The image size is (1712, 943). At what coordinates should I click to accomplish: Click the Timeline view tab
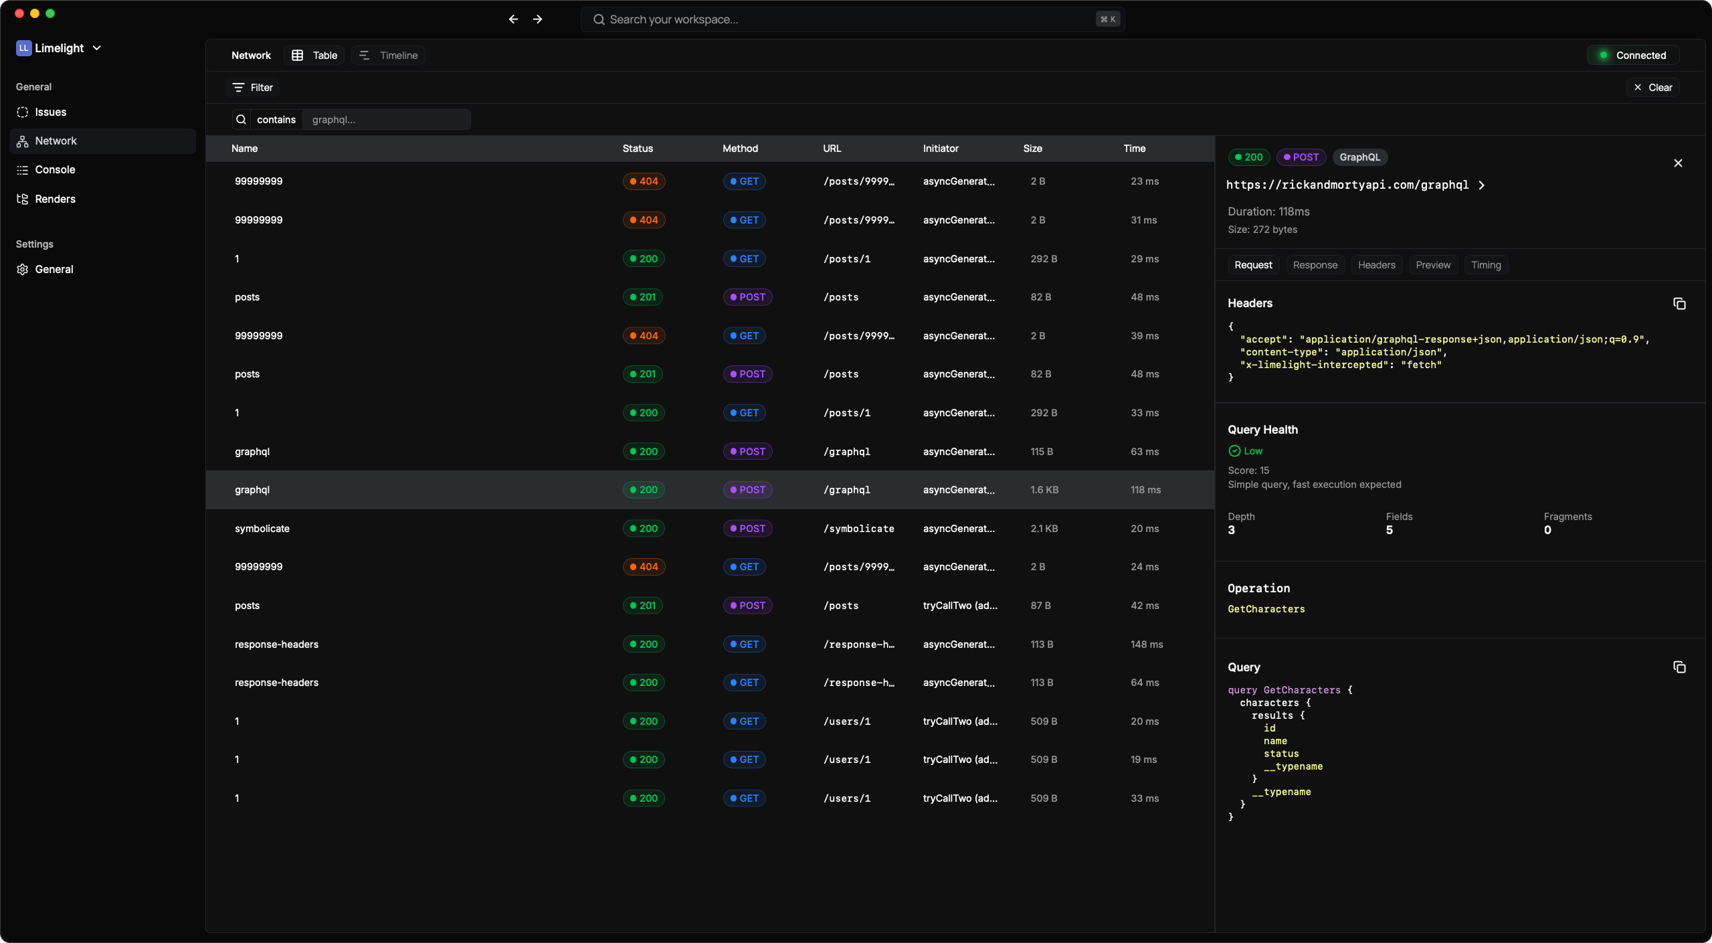point(389,56)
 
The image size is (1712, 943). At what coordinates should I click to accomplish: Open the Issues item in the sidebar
point(50,112)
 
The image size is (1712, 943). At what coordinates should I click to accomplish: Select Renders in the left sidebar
point(55,199)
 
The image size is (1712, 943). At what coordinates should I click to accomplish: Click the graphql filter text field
point(386,120)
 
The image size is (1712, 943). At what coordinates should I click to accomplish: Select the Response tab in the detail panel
point(1315,265)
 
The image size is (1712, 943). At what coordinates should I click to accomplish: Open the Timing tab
point(1485,265)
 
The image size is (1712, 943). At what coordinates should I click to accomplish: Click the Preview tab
point(1432,265)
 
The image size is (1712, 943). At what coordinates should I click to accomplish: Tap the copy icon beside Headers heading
point(1679,304)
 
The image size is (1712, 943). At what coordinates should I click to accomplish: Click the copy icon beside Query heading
point(1679,667)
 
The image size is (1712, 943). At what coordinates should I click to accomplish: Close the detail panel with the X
point(1677,163)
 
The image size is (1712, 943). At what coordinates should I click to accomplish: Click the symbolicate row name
point(262,529)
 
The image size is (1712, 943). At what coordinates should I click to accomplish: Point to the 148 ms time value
point(1146,645)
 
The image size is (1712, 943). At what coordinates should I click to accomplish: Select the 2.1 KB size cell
point(1044,529)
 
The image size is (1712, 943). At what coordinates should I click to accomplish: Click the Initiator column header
point(940,149)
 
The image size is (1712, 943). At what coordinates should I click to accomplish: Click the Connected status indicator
point(1632,56)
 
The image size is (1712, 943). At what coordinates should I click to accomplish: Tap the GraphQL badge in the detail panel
point(1359,157)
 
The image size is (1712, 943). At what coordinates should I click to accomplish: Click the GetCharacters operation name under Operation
point(1266,609)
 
